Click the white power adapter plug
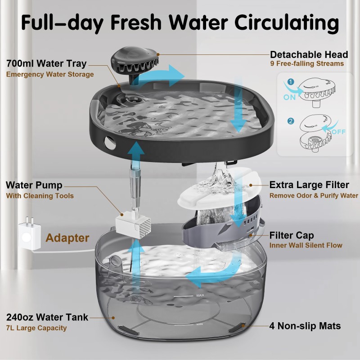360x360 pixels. point(27,235)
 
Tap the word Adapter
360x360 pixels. point(67,238)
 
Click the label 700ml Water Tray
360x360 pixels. point(46,63)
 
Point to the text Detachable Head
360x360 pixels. point(309,54)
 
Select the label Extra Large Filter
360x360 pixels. point(309,185)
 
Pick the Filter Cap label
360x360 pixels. point(292,235)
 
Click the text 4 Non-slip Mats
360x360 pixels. point(305,325)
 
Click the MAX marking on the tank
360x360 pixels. point(200,296)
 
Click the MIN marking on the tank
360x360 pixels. point(200,324)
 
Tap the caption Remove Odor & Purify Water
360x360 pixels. point(314,195)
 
